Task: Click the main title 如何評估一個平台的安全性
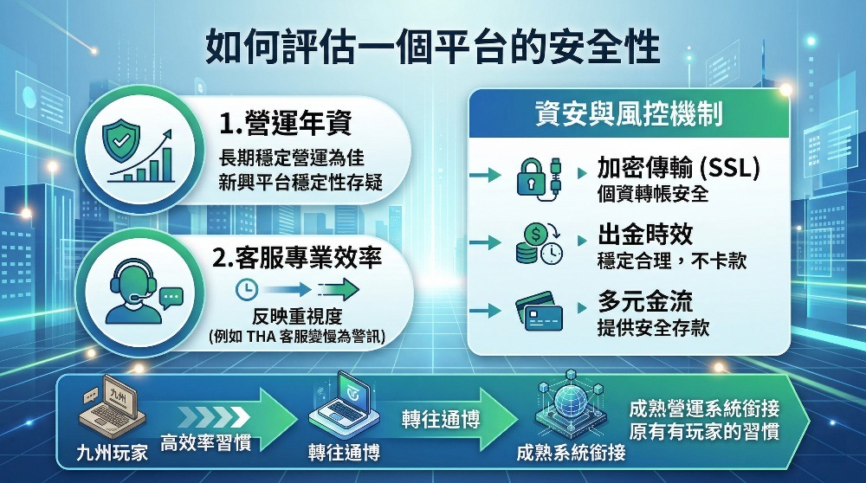pos(432,48)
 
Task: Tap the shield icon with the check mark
pos(120,136)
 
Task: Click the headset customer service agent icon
pos(132,289)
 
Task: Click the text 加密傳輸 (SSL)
pos(678,168)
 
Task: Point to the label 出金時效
pos(645,236)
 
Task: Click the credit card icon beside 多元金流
pos(538,312)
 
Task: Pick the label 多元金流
pos(645,302)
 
